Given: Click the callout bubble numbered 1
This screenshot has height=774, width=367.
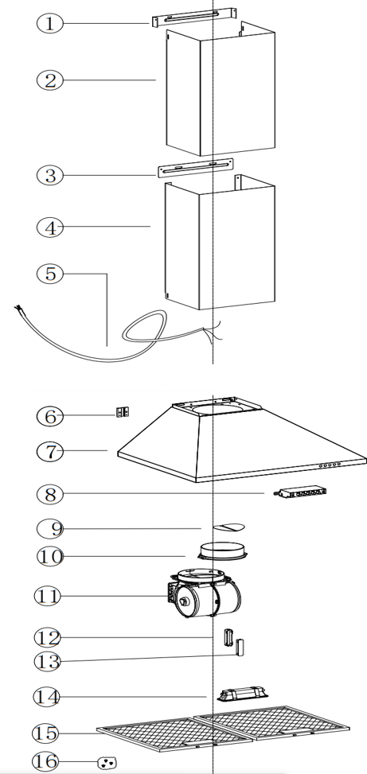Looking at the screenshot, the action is (50, 23).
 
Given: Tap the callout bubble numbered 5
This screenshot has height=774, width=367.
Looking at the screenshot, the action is (50, 274).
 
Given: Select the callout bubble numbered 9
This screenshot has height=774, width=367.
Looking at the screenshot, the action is (50, 529).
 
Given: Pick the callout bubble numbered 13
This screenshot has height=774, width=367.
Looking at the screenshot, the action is (48, 661).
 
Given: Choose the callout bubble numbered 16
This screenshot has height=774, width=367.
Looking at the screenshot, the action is (47, 760).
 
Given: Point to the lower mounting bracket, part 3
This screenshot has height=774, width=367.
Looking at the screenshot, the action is (195, 168).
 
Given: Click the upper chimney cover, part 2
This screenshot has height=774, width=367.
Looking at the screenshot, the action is (221, 89).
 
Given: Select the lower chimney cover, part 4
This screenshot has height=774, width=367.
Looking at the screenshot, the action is (220, 243).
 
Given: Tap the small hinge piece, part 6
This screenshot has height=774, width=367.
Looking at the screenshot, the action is (123, 412).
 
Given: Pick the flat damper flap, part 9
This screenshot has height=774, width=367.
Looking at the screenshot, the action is (228, 527).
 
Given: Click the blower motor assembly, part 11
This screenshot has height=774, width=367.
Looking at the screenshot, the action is (204, 594).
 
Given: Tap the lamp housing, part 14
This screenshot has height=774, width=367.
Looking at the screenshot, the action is (243, 693).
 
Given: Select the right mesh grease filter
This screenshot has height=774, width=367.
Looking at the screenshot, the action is (271, 723).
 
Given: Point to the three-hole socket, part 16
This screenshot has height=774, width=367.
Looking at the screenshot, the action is (107, 763).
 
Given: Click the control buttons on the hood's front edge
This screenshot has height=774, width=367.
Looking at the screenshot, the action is (330, 465).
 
